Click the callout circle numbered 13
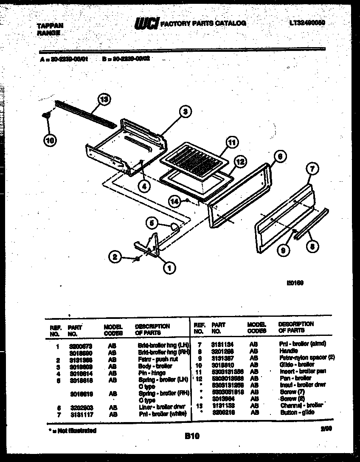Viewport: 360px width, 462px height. click(103, 100)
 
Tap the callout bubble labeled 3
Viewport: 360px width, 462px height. click(184, 112)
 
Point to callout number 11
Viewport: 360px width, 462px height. click(231, 143)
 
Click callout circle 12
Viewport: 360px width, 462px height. click(240, 161)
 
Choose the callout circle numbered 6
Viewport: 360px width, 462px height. click(278, 156)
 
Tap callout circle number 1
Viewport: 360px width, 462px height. click(169, 268)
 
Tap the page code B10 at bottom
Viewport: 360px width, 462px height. click(193, 436)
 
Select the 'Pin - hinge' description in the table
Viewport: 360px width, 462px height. click(152, 373)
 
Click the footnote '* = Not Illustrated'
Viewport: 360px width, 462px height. click(71, 431)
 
